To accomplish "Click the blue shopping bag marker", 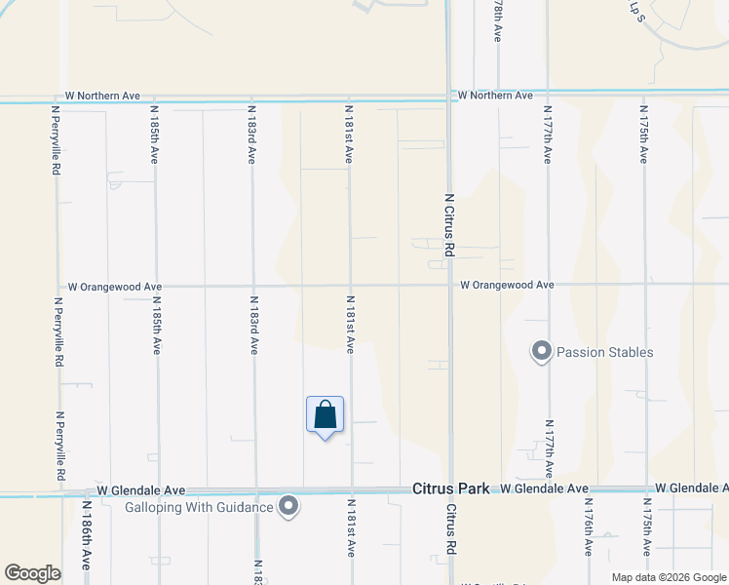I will point(325,415).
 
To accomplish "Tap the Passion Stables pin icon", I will point(541,351).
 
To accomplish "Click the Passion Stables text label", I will point(604,352).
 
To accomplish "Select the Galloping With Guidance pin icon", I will point(288,506).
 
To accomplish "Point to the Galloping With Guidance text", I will point(200,507).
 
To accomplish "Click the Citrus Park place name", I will point(450,488).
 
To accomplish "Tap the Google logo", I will point(32,573).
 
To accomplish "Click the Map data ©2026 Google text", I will point(668,577).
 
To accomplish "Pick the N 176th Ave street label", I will point(589,529).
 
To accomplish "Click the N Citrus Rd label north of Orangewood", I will point(449,224).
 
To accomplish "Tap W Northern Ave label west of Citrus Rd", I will point(102,96).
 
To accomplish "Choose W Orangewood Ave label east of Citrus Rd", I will point(507,285).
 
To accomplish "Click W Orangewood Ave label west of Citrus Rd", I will point(114,288).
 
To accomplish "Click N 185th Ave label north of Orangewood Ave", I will point(154,136).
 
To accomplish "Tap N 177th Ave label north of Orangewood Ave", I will point(548,136).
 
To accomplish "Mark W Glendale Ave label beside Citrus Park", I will point(545,488).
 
